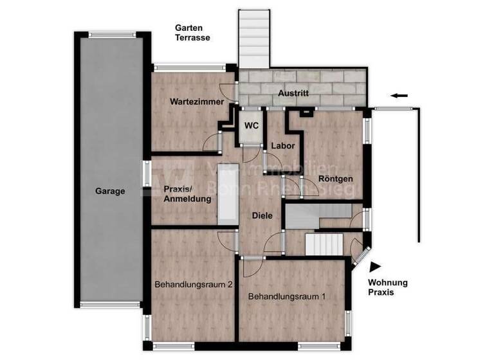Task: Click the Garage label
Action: [x=110, y=191]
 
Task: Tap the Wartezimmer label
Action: [x=197, y=102]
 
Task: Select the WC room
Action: [x=251, y=126]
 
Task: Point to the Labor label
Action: [x=282, y=146]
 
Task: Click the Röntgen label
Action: [x=335, y=179]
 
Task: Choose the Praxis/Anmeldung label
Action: [x=187, y=194]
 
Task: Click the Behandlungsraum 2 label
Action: [x=193, y=284]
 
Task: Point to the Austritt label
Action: [x=293, y=93]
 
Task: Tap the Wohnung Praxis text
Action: [x=387, y=287]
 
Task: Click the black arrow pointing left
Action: [x=399, y=96]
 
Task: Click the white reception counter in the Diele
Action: [x=228, y=194]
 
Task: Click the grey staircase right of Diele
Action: [x=317, y=216]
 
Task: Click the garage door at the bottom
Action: [x=110, y=303]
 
